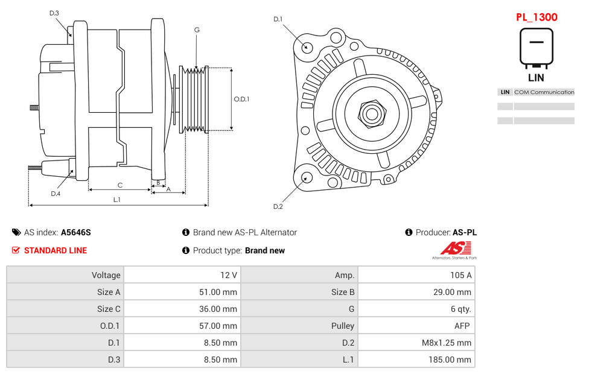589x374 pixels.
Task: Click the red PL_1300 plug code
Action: coord(536,17)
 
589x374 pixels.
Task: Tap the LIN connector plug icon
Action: coord(536,47)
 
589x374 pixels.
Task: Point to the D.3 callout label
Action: coord(54,13)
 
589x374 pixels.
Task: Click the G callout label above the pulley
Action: coord(197,30)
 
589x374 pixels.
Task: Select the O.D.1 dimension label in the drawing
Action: coord(241,99)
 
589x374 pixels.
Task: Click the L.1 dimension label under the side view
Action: coord(116,199)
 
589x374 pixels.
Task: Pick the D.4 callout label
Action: coord(56,194)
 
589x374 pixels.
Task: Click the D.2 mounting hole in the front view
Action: coord(306,177)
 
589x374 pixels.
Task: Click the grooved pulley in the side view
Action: coord(194,99)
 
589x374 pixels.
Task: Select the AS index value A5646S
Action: coord(76,232)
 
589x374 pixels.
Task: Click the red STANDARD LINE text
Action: coord(56,250)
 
